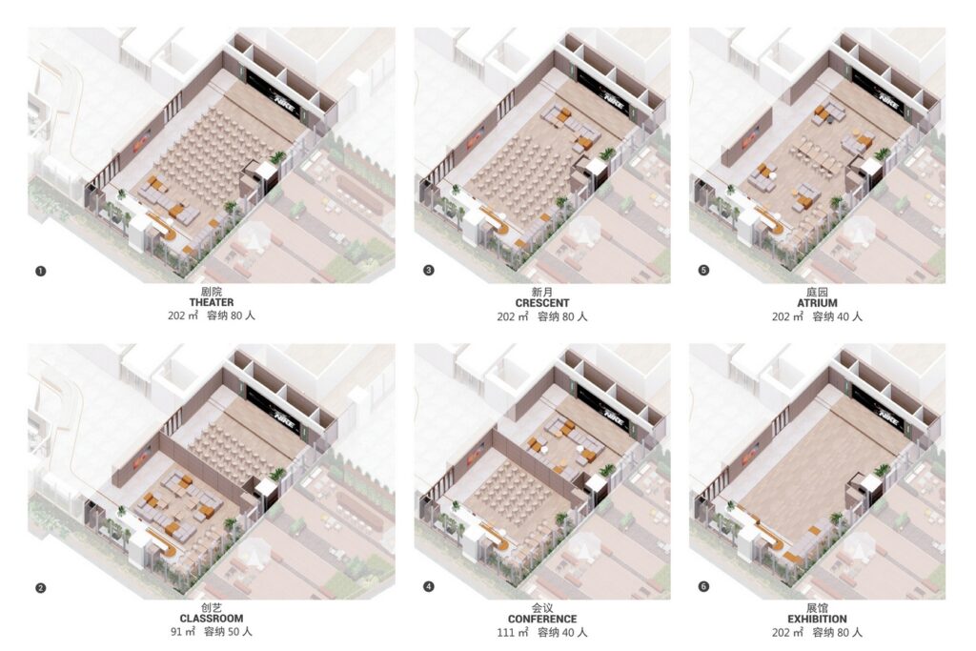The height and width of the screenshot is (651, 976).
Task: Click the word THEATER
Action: click(212, 302)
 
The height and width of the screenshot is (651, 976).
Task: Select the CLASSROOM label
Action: click(212, 619)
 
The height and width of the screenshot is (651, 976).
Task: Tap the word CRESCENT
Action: click(542, 303)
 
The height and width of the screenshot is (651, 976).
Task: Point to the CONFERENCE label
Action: click(542, 620)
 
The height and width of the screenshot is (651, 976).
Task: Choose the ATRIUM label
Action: click(817, 303)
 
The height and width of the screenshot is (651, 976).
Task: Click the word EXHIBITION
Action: click(817, 620)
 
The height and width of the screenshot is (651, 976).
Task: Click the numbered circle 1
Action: click(41, 271)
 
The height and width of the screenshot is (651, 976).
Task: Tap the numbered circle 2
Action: click(41, 587)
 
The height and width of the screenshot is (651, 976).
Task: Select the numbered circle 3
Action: click(428, 270)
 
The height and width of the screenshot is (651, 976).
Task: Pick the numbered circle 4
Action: click(428, 586)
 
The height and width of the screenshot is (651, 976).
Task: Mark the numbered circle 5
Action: click(703, 270)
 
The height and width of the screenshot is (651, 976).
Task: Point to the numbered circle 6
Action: click(703, 586)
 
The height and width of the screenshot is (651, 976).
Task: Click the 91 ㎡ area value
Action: click(184, 632)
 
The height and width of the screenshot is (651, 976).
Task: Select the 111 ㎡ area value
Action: click(512, 632)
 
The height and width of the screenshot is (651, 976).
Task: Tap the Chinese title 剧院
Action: click(212, 292)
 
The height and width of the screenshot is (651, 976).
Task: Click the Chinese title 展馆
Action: click(817, 608)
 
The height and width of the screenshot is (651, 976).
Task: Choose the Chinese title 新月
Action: click(542, 292)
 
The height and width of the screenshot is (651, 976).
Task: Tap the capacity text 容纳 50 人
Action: click(229, 632)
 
